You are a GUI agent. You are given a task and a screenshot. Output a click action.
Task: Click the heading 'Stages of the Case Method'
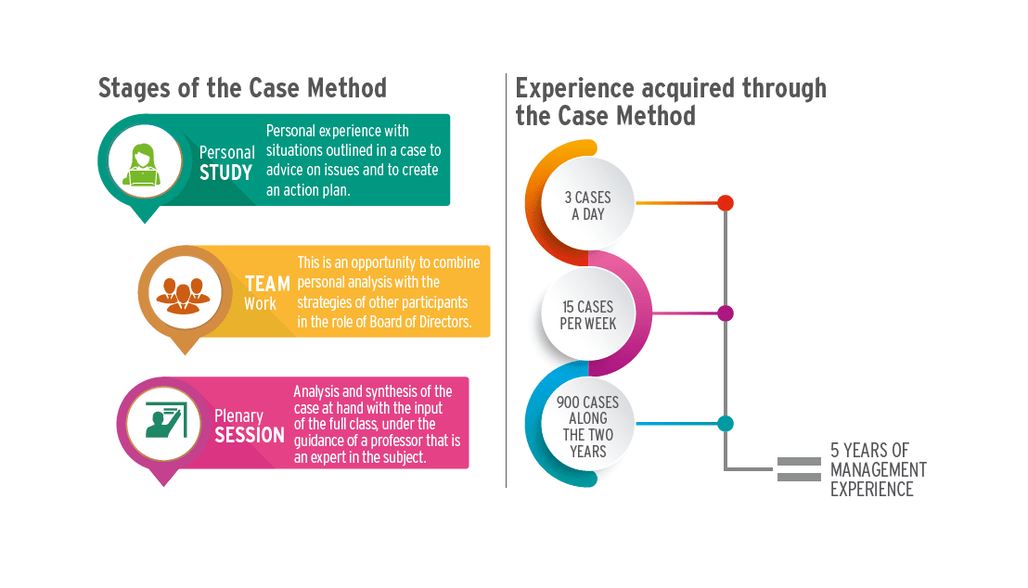pyautogui.click(x=242, y=89)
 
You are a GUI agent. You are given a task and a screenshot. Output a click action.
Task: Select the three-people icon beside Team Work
pyautogui.click(x=183, y=291)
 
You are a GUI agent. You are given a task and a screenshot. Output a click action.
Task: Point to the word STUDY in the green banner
pyautogui.click(x=226, y=173)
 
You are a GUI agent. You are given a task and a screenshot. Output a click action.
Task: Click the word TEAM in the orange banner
pyautogui.click(x=267, y=284)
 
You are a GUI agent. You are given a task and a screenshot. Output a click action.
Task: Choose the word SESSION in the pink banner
pyautogui.click(x=250, y=435)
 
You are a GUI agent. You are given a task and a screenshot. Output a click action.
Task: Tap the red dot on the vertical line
pyautogui.click(x=726, y=202)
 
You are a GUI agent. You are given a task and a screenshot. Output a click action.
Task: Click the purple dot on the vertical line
pyautogui.click(x=726, y=313)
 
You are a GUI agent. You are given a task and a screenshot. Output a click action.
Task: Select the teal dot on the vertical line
pyautogui.click(x=726, y=424)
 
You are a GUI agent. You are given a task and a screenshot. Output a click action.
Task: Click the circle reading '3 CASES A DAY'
pyautogui.click(x=587, y=206)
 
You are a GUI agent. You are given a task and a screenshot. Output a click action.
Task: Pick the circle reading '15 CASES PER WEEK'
pyautogui.click(x=587, y=315)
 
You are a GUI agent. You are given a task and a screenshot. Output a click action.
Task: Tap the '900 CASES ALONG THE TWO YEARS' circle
pyautogui.click(x=587, y=427)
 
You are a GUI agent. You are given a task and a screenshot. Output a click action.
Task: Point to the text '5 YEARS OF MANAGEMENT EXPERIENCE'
pyautogui.click(x=878, y=470)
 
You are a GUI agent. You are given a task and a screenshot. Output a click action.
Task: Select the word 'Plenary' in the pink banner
pyautogui.click(x=238, y=415)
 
